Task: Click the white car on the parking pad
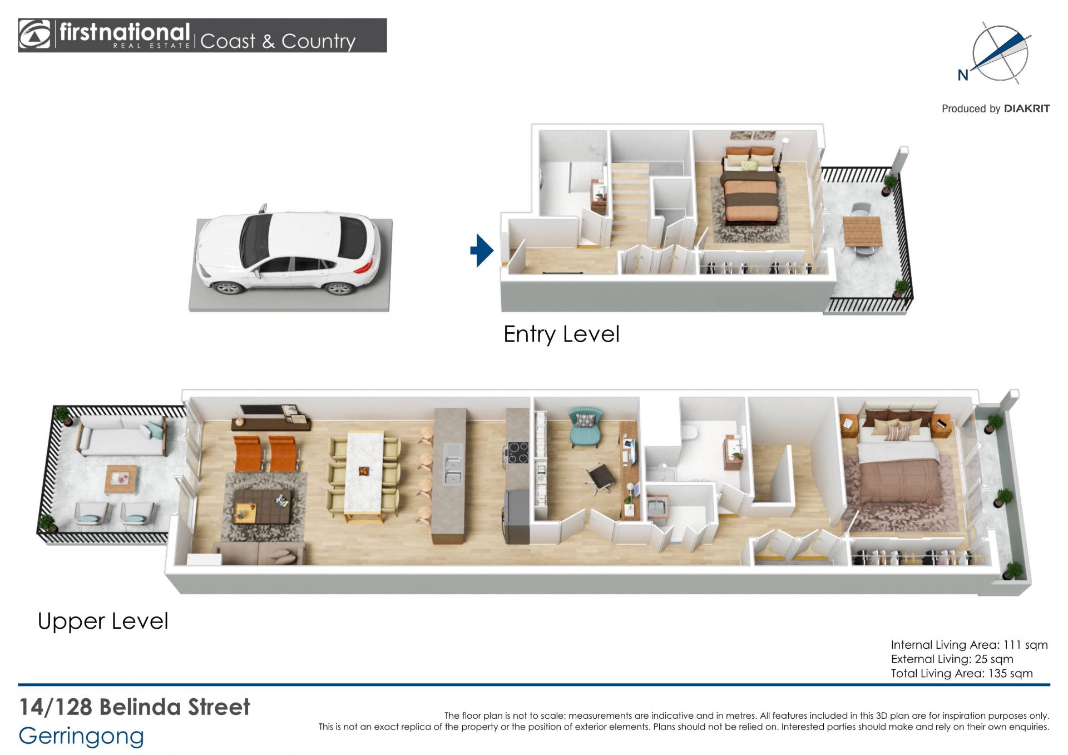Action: point(288,252)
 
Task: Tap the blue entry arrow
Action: point(482,250)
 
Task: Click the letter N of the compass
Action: point(963,75)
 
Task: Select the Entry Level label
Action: point(561,334)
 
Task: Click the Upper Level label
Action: point(103,621)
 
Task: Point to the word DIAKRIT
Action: point(1027,108)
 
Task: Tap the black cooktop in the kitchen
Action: point(518,452)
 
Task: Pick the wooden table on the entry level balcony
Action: point(862,230)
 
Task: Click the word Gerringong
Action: point(81,736)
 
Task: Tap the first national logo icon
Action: point(34,35)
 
